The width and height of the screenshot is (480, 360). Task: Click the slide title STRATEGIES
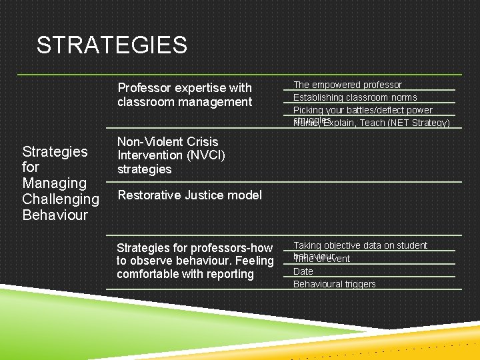[111, 45]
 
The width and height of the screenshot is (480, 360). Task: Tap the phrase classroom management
[185, 102]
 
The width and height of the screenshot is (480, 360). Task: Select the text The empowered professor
[347, 85]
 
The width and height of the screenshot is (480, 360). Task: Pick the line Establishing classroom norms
[355, 97]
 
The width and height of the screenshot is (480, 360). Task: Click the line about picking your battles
[363, 110]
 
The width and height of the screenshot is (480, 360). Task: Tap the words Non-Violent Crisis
[167, 141]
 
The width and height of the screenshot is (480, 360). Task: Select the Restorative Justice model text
[189, 195]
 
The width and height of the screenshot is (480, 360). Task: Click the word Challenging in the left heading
[60, 199]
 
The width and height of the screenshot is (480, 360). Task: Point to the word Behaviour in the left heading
[55, 215]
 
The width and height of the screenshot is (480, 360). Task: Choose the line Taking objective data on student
[360, 245]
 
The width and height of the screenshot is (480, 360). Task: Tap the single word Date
[303, 271]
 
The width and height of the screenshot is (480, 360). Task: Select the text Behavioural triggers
[334, 284]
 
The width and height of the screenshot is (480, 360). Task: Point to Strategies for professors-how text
[194, 247]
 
